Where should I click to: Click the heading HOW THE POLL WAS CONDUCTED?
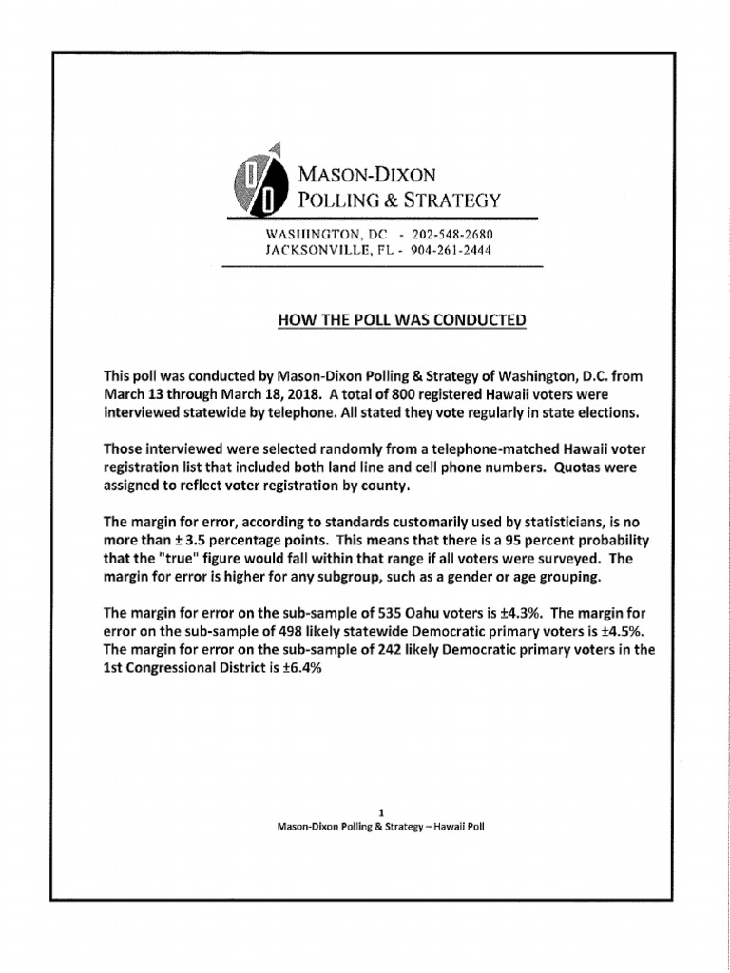coord(401,320)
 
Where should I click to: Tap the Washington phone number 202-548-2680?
coord(452,234)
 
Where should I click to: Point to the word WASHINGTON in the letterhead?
coord(310,234)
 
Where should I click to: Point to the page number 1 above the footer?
coord(380,812)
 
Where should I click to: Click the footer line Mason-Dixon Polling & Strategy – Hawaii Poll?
coord(380,827)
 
